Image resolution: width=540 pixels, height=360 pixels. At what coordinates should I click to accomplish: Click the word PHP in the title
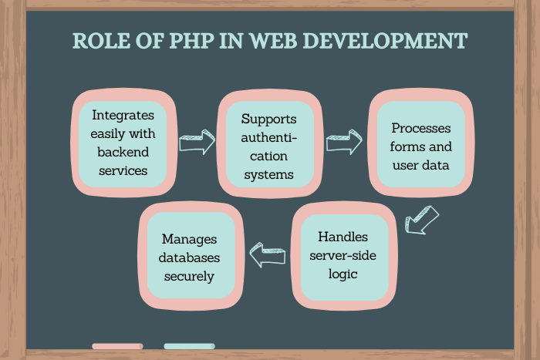pyautogui.click(x=191, y=41)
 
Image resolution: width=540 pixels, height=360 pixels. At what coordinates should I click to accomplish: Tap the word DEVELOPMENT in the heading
pyautogui.click(x=386, y=41)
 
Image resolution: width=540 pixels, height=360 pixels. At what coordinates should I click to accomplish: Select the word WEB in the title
pyautogui.click(x=273, y=41)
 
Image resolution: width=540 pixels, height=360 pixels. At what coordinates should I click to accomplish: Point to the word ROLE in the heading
pyautogui.click(x=102, y=41)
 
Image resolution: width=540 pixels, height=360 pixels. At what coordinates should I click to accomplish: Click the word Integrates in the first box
pyautogui.click(x=123, y=116)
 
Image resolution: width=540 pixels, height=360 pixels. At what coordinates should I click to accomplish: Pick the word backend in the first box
pyautogui.click(x=123, y=152)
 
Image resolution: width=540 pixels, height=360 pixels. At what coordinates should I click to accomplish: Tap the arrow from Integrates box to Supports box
pyautogui.click(x=197, y=142)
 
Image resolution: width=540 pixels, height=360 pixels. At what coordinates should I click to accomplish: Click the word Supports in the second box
pyautogui.click(x=268, y=119)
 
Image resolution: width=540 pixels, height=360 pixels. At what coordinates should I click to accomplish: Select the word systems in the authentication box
pyautogui.click(x=268, y=174)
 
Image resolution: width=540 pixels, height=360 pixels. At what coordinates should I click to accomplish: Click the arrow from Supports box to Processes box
pyautogui.click(x=344, y=142)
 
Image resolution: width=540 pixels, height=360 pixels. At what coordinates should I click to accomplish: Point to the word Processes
pyautogui.click(x=421, y=128)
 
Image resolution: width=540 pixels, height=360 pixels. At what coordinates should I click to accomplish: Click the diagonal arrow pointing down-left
pyautogui.click(x=422, y=220)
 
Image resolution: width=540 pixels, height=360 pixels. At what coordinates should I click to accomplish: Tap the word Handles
pyautogui.click(x=343, y=237)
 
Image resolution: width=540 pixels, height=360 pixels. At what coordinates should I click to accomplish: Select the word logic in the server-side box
pyautogui.click(x=343, y=274)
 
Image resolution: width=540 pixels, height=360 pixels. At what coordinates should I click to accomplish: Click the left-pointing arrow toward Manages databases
pyautogui.click(x=268, y=255)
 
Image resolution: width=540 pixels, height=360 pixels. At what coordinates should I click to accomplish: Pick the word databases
pyautogui.click(x=189, y=257)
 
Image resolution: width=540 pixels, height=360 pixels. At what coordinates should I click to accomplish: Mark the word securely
pyautogui.click(x=189, y=277)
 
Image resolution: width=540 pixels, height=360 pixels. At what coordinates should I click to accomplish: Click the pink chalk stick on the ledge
pyautogui.click(x=117, y=346)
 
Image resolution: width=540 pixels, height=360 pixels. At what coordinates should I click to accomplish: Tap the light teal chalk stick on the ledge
pyautogui.click(x=190, y=346)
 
